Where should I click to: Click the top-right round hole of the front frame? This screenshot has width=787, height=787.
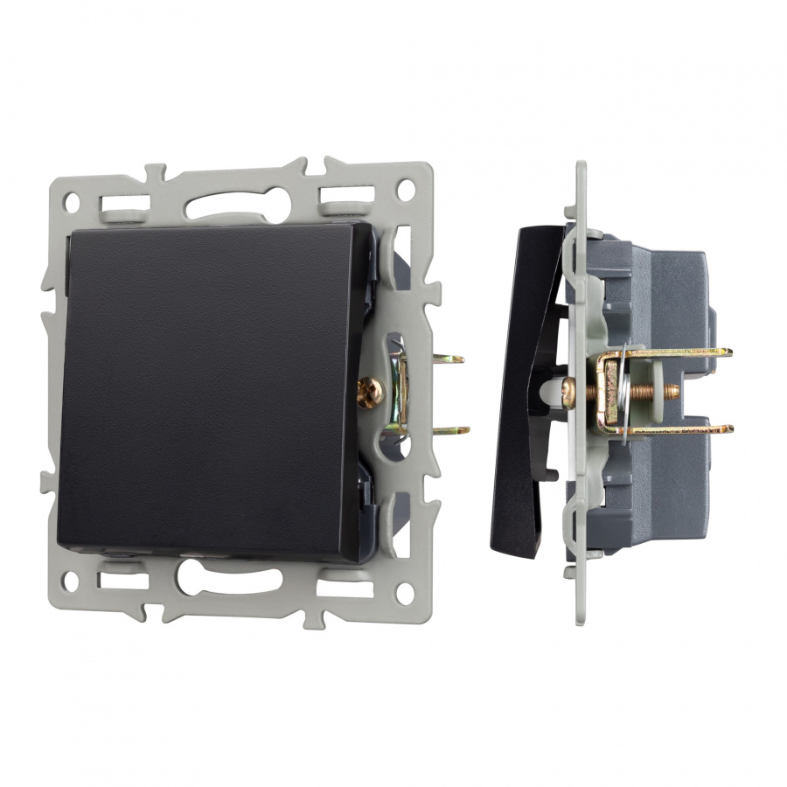coord(406,188)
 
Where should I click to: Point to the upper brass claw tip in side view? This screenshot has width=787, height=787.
coord(722,352)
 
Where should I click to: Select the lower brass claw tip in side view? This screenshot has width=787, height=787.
coord(722,428)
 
